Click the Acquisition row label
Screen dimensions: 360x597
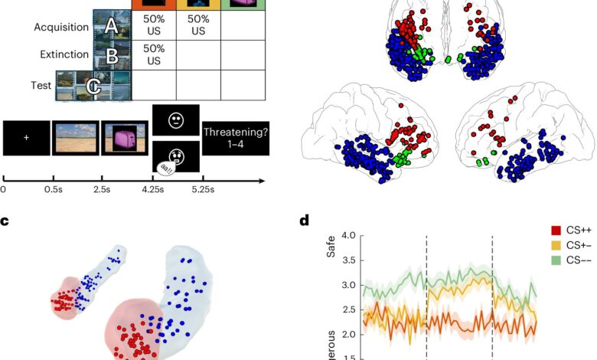coord(60,28)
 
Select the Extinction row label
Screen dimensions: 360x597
coord(64,55)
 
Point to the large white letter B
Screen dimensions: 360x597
coord(112,56)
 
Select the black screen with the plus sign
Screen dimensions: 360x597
coord(26,138)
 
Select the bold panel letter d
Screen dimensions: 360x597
coord(305,221)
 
